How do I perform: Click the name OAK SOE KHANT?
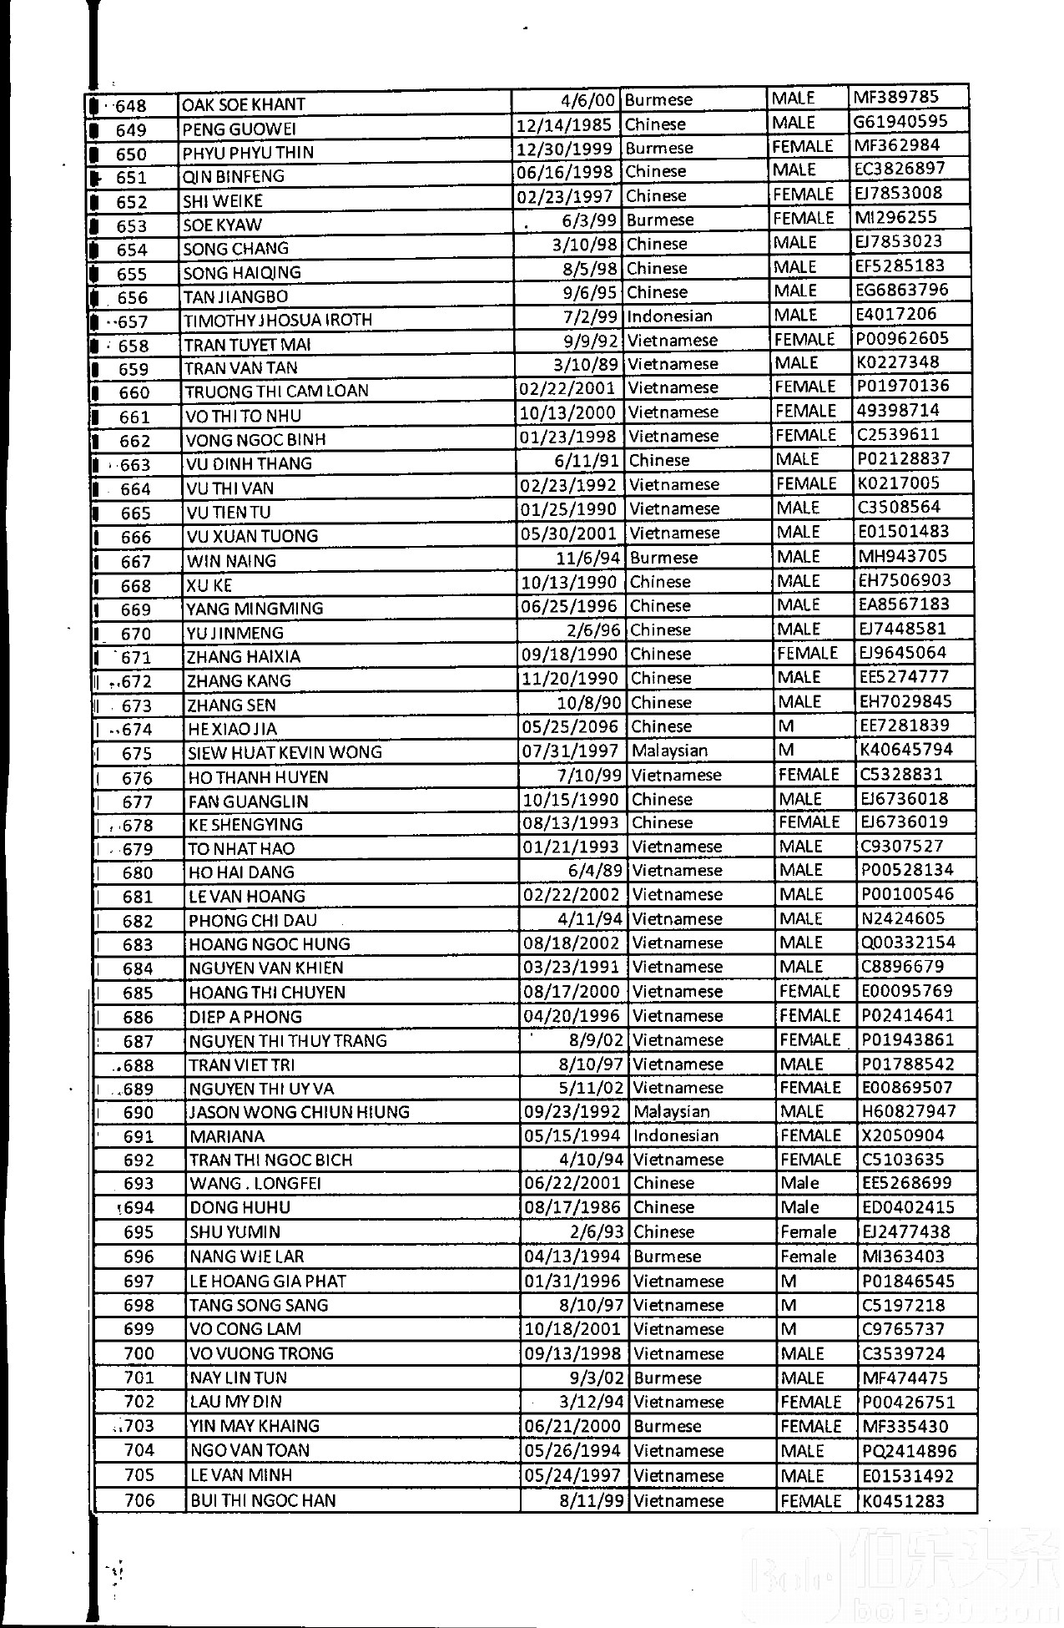pyautogui.click(x=244, y=104)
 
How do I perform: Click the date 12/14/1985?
pyautogui.click(x=565, y=124)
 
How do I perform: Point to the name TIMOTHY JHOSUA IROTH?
pyautogui.click(x=278, y=320)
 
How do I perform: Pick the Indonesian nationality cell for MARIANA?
pyautogui.click(x=675, y=1135)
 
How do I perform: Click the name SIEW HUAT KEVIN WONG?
pyautogui.click(x=285, y=752)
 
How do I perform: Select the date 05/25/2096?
pyautogui.click(x=571, y=726)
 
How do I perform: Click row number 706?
pyautogui.click(x=139, y=1500)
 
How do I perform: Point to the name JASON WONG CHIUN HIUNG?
pyautogui.click(x=300, y=1112)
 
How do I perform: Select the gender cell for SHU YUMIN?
pyautogui.click(x=808, y=1231)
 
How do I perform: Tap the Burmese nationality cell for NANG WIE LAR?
pyautogui.click(x=667, y=1256)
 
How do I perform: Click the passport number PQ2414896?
pyautogui.click(x=909, y=1451)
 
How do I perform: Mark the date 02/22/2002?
pyautogui.click(x=571, y=894)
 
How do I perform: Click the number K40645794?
pyautogui.click(x=905, y=750)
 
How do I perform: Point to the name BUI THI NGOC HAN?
pyautogui.click(x=263, y=1500)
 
